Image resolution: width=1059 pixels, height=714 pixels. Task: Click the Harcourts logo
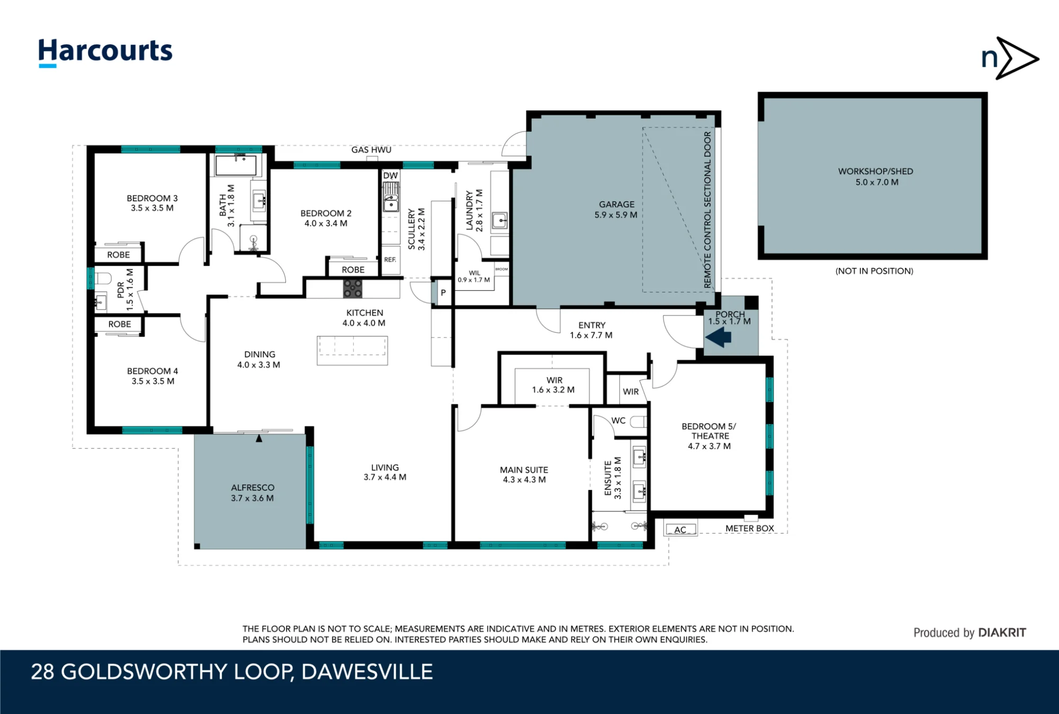105,52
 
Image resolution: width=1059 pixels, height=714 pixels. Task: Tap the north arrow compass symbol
1010,58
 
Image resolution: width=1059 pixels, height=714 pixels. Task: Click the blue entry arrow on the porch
719,337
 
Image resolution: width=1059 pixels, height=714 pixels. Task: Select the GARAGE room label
616,204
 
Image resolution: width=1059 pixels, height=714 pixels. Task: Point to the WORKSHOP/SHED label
875,172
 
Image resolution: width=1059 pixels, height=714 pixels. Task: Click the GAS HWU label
371,150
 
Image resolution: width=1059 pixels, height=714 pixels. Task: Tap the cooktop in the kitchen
353,289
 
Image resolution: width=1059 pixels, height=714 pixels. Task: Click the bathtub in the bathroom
236,165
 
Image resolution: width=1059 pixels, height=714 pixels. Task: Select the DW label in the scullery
390,176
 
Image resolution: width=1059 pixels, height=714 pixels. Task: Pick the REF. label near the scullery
390,260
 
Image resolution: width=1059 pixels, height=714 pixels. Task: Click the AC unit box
680,529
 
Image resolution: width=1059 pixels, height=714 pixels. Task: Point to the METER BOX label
749,529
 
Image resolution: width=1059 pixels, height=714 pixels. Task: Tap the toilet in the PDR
103,279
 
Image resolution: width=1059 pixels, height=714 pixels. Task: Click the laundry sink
499,220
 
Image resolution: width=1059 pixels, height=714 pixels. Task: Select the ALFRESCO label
253,488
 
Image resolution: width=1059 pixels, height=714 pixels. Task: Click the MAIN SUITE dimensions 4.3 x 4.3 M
524,480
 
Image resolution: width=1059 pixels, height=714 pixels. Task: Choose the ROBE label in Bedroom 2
353,270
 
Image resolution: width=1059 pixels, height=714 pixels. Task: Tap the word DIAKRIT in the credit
1002,632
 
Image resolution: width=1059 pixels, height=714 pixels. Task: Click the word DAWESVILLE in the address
367,672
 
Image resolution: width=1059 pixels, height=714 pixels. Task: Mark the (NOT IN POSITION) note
874,271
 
